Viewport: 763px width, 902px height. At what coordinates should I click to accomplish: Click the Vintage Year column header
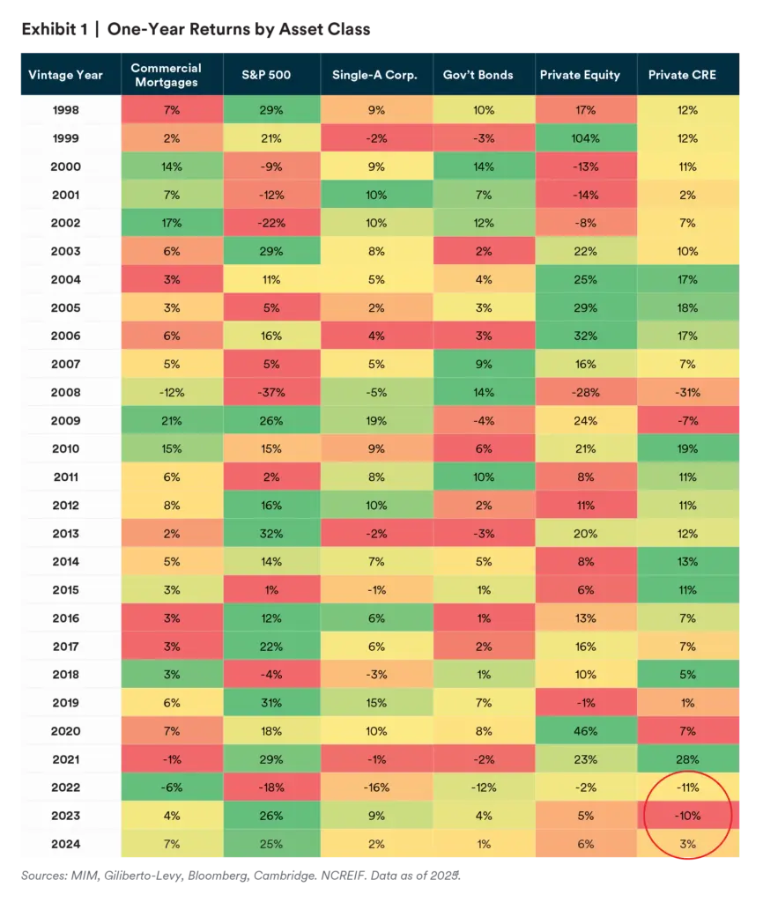[x=67, y=75]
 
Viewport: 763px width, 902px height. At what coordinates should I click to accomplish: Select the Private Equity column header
[x=580, y=75]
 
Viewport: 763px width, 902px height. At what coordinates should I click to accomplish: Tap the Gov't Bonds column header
[x=478, y=75]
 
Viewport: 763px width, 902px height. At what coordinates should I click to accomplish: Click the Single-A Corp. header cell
[x=375, y=75]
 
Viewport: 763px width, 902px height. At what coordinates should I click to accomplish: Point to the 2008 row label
[x=67, y=392]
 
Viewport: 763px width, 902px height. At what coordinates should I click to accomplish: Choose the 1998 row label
[x=67, y=110]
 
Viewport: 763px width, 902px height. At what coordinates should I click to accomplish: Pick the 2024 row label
[x=67, y=844]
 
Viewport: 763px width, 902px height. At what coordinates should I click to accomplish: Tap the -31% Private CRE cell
[x=688, y=392]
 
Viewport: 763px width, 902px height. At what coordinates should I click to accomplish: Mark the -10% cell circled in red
[x=688, y=816]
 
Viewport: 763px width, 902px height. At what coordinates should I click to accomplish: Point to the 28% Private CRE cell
[x=688, y=759]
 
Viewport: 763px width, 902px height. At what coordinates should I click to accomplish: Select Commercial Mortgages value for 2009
[x=171, y=421]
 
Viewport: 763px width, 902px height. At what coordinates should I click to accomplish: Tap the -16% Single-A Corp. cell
[x=375, y=787]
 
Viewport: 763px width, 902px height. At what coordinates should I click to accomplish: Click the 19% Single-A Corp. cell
[x=375, y=421]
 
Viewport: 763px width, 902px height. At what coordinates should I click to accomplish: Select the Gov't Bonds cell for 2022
[x=478, y=787]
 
